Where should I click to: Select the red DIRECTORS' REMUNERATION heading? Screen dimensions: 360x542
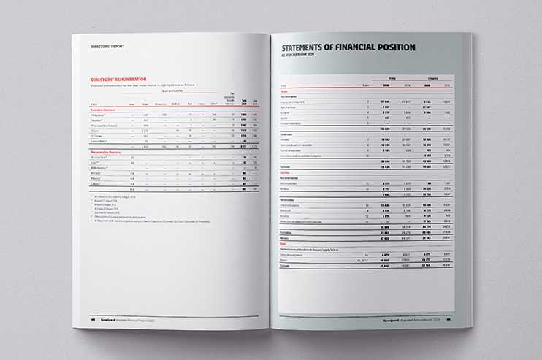pos(119,78)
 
